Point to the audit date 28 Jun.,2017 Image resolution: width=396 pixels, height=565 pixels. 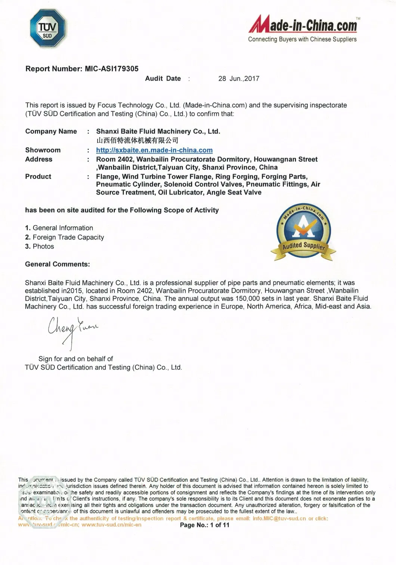[x=239, y=78]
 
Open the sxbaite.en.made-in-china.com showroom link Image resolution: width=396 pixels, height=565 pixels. [x=154, y=150]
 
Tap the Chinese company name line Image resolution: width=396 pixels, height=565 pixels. [x=137, y=141]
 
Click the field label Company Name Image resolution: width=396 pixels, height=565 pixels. [x=51, y=132]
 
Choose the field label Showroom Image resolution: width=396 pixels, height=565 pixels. [x=43, y=150]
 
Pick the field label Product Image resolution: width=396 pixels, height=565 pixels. [x=38, y=177]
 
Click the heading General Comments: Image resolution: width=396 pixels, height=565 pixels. [x=58, y=264]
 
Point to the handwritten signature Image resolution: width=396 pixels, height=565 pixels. [x=72, y=329]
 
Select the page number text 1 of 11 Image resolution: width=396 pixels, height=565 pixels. [x=220, y=525]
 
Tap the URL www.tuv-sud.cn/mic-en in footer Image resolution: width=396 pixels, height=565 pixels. [x=112, y=525]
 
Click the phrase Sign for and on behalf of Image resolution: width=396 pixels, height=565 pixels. [x=76, y=359]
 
